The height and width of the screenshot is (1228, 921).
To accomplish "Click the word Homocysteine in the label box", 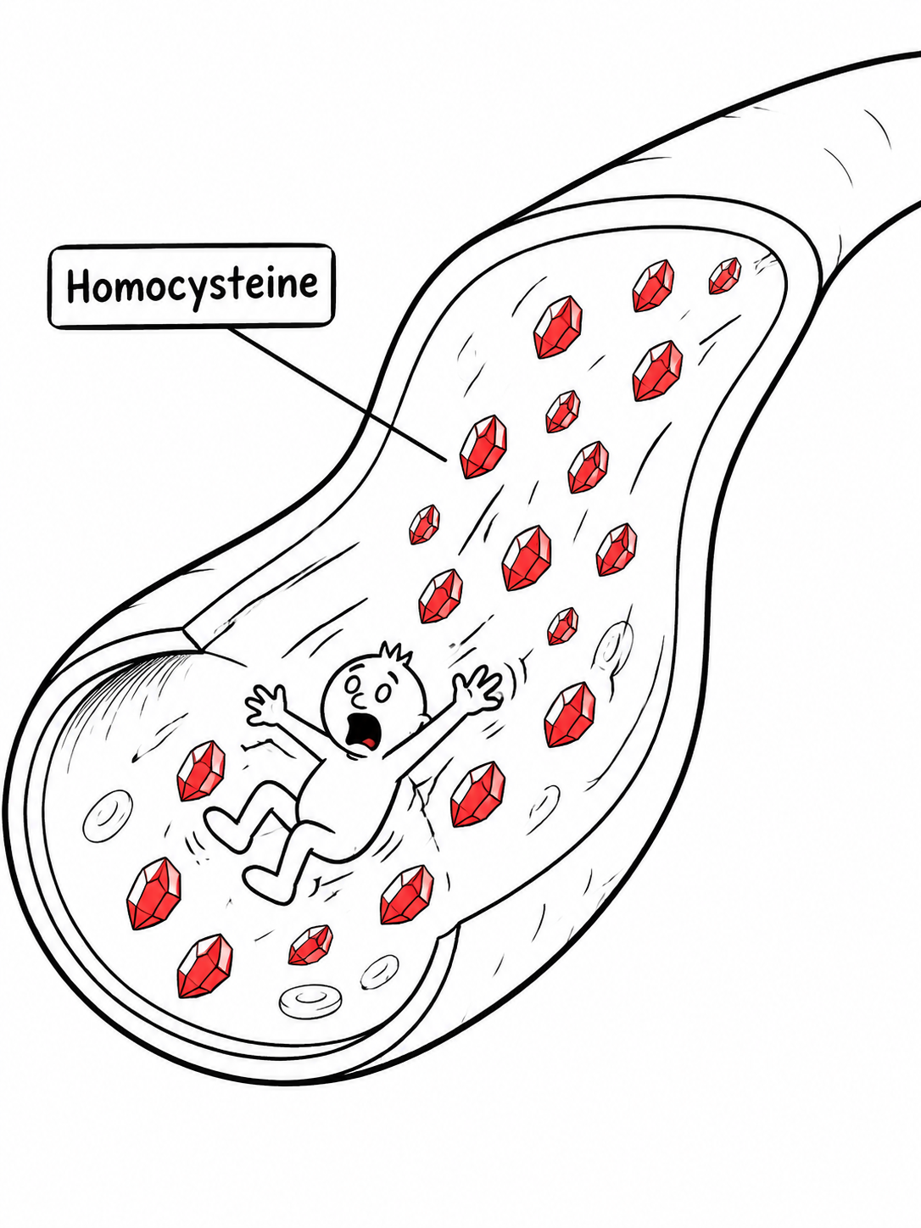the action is tap(192, 285).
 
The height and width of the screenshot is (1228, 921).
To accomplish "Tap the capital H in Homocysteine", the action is tap(77, 285).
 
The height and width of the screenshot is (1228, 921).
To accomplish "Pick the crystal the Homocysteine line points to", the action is tap(483, 446).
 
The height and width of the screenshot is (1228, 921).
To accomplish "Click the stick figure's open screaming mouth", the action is tap(359, 733).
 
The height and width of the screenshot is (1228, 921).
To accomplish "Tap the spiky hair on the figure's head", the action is tap(395, 653).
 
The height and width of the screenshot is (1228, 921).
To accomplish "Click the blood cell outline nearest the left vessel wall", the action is tap(108, 815).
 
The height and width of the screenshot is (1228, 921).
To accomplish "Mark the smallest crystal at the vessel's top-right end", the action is tap(725, 276).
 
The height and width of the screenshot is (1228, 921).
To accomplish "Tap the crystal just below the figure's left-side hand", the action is tap(201, 770).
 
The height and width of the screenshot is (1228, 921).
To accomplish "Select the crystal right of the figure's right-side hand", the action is tap(570, 714).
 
